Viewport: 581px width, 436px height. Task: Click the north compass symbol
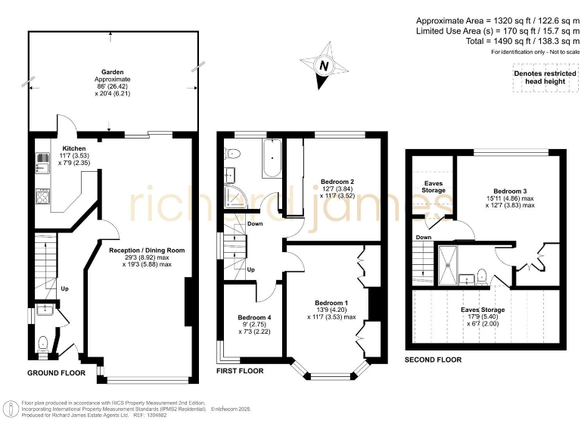[324, 65]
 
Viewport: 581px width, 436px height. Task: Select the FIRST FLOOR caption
[240, 372]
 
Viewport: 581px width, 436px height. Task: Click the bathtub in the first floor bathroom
[272, 160]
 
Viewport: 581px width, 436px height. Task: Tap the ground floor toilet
[42, 343]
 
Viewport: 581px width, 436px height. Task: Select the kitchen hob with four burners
[43, 198]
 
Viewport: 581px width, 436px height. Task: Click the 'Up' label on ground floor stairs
[64, 288]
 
